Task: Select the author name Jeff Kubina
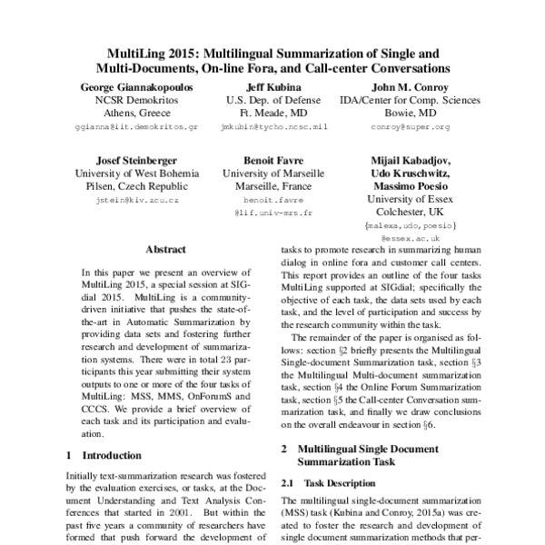269,85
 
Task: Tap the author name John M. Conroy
391,85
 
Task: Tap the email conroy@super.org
391,128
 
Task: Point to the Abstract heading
165,248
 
